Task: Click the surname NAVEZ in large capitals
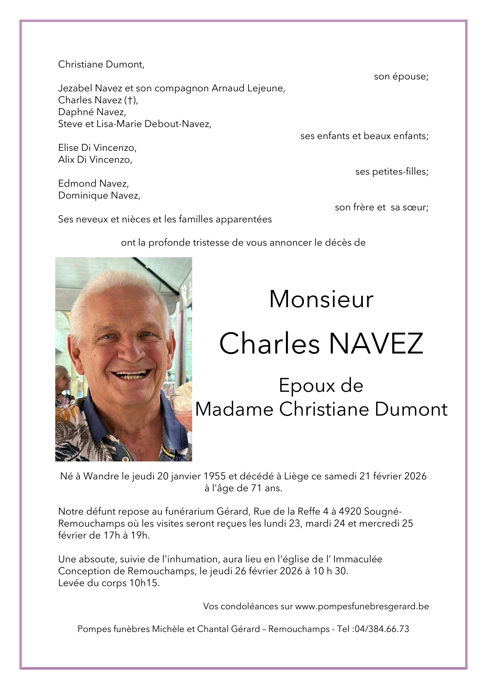point(376,344)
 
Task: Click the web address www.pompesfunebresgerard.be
point(362,606)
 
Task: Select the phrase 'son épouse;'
point(401,76)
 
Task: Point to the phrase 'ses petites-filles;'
point(392,172)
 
